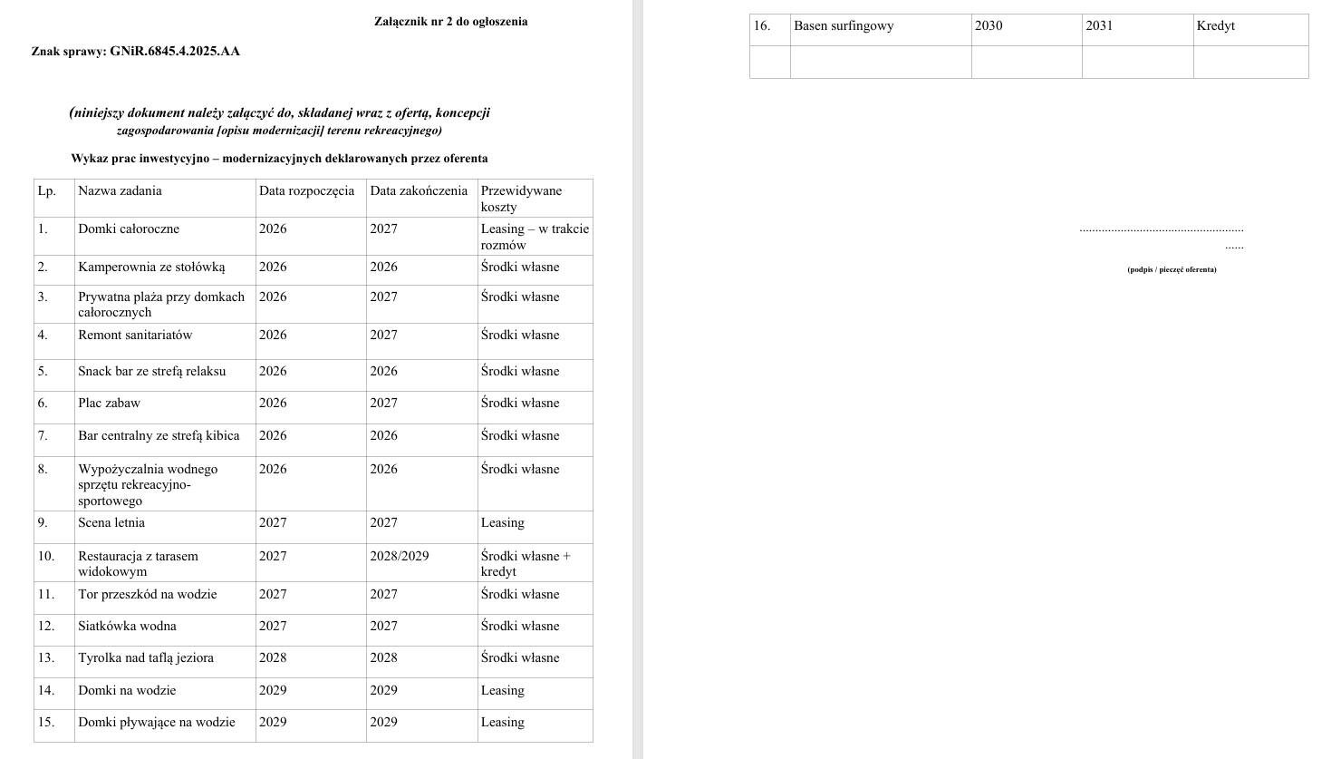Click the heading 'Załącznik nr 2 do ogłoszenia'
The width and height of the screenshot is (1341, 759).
point(450,22)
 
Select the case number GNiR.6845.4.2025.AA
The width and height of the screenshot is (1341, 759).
point(175,52)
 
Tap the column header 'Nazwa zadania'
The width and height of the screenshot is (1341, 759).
point(120,191)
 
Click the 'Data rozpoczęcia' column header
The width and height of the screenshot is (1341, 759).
point(306,191)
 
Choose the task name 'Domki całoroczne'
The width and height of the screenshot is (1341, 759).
point(129,229)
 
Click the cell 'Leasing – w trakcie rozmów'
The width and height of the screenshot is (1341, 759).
point(535,237)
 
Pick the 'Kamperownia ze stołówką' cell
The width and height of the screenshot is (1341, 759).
point(151,268)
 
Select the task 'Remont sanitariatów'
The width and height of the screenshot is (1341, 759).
point(135,336)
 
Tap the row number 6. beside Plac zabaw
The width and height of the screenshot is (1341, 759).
point(43,404)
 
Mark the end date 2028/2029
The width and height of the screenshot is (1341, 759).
point(399,557)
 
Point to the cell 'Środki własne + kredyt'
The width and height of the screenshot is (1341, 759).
point(526,564)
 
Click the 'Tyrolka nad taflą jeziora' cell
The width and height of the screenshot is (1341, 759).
point(146,658)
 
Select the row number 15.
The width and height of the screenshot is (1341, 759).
point(46,723)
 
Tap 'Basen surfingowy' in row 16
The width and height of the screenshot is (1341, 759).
point(844,26)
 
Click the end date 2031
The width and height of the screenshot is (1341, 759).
point(1099,26)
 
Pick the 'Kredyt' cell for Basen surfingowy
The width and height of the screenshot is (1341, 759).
point(1215,26)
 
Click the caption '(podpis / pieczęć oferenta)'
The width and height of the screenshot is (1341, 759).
point(1172,269)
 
